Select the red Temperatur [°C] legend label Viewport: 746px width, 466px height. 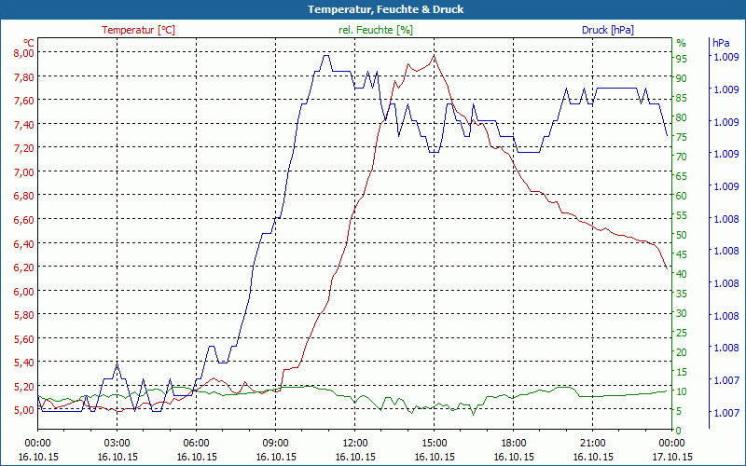tap(138, 30)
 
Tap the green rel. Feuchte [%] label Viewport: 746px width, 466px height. tap(376, 30)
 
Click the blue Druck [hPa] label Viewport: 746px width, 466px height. tap(607, 30)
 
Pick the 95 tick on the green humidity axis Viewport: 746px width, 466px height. tap(682, 57)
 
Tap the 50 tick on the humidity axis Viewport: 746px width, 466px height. tap(682, 234)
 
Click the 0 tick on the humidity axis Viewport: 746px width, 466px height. tap(679, 430)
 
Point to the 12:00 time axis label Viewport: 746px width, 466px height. tap(354, 444)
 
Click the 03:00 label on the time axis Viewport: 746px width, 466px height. tap(117, 444)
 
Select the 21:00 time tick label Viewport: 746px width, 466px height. tap(592, 444)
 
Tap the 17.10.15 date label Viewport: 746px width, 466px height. tap(671, 457)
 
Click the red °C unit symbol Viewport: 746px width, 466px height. tap(29, 43)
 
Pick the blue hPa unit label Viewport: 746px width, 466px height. tap(720, 43)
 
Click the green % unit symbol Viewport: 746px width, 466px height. tap(681, 43)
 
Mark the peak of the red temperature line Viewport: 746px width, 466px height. tap(434, 56)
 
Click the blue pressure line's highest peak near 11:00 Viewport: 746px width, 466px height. tap(325, 55)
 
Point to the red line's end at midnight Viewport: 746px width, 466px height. tap(667, 268)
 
